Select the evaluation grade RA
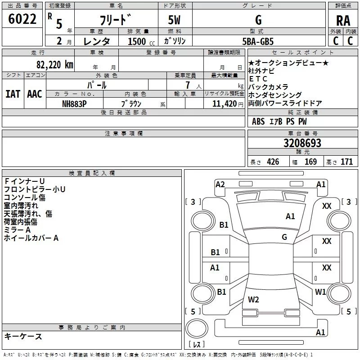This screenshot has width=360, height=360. (343, 20)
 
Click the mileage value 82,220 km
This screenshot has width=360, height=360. (54, 64)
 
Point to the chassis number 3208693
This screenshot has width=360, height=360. (302, 144)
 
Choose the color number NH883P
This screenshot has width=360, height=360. (75, 103)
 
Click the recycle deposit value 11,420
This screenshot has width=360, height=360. (224, 103)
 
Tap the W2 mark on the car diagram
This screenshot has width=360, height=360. (254, 299)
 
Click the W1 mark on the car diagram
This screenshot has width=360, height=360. (320, 292)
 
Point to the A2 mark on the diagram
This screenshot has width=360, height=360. (220, 184)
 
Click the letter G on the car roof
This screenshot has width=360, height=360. (284, 237)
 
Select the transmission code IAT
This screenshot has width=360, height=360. (13, 94)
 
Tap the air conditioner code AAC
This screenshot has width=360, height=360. (35, 94)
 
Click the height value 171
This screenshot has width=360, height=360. (346, 162)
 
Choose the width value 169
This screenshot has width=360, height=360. (310, 162)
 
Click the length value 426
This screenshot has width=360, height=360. (273, 162)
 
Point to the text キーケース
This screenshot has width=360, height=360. (23, 336)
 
